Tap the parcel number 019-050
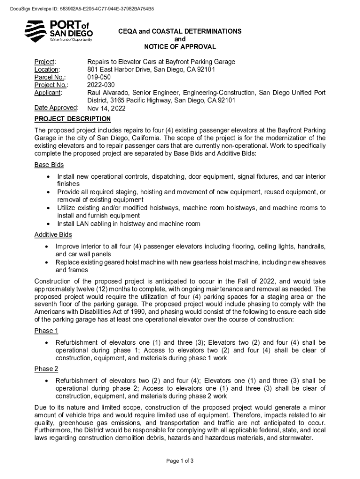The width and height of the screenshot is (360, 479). pyautogui.click(x=100, y=78)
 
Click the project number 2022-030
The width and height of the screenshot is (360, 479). pyautogui.click(x=101, y=85)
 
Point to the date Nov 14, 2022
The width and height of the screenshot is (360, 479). pyautogui.click(x=106, y=109)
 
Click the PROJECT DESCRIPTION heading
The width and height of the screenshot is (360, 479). pyautogui.click(x=72, y=119)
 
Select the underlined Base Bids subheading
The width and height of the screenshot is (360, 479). pyautogui.click(x=49, y=165)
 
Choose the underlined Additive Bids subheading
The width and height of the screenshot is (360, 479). pyautogui.click(x=53, y=234)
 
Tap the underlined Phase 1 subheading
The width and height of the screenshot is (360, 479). pyautogui.click(x=46, y=331)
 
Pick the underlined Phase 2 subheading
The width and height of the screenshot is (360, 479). pyautogui.click(x=46, y=369)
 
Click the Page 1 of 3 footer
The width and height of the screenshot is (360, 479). pyautogui.click(x=180, y=461)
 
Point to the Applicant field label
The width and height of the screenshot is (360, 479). pyautogui.click(x=48, y=93)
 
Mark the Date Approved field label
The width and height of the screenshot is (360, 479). pyautogui.click(x=56, y=108)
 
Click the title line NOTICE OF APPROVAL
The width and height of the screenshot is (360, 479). pyautogui.click(x=180, y=47)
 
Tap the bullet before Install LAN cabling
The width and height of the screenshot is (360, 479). pyautogui.click(x=49, y=224)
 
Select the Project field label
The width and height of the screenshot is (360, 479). pyautogui.click(x=45, y=62)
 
